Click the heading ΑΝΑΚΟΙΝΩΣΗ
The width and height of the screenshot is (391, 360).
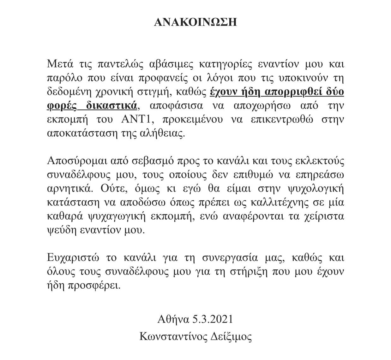pos(195,22)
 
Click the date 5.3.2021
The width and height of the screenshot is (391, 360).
pos(213,319)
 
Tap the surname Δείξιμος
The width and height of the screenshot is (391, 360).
pos(231,337)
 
